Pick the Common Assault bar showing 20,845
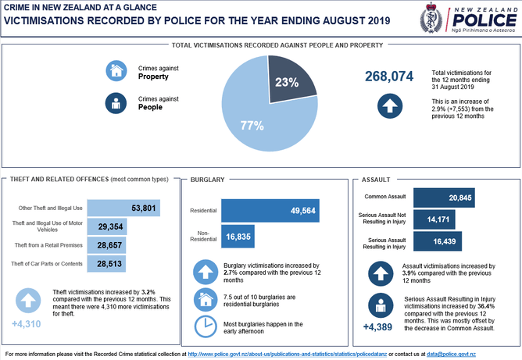(x=444, y=198)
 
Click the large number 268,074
(x=389, y=76)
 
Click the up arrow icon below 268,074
(x=389, y=106)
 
